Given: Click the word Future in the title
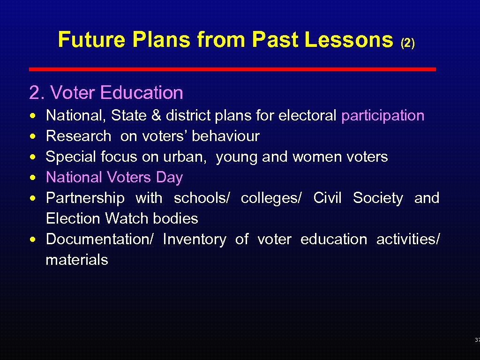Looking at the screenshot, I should (91, 40).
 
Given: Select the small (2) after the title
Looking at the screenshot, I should (407, 43).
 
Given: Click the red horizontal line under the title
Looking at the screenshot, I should (232, 69).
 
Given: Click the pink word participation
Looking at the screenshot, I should (382, 115).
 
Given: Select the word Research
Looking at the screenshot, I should (78, 136).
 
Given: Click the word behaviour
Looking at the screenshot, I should (225, 136).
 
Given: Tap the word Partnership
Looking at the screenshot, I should (85, 198).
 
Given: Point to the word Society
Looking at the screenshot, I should (377, 198).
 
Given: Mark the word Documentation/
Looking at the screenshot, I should (99, 239).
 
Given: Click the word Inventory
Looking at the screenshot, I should (194, 239).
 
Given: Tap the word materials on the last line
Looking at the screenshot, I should (77, 260).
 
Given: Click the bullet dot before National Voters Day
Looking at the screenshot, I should (31, 177).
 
